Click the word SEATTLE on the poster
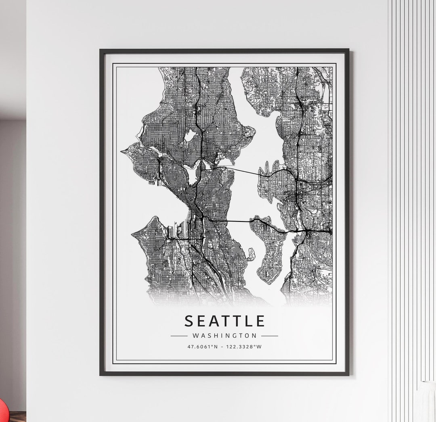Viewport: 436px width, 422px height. coord(225,321)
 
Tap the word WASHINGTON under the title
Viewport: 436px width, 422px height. coord(224,335)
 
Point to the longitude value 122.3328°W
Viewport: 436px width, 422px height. coord(245,347)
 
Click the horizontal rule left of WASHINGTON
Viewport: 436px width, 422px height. coord(179,335)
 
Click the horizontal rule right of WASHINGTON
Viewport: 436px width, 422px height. coord(270,335)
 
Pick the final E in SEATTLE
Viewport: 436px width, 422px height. coord(260,321)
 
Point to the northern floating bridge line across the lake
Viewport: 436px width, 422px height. coord(242,171)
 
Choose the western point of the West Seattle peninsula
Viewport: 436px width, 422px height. coord(133,234)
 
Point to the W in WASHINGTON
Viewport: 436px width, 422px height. coord(195,335)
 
